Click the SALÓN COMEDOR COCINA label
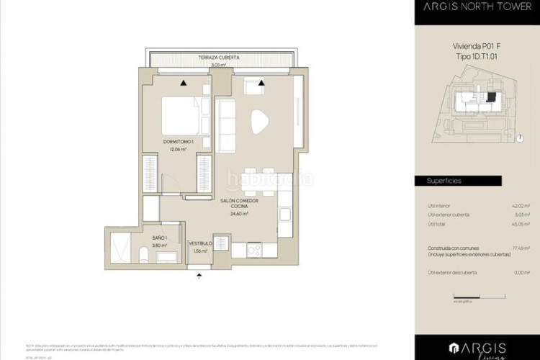pos(240,205)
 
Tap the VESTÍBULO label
pos(200,244)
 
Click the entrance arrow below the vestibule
pos(200,274)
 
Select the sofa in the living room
pos(227,125)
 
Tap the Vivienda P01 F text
pos(476,46)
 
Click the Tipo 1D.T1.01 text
pos(476,56)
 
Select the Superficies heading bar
pos(476,181)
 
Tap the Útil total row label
pos(437,224)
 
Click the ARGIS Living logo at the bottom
pos(476,348)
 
